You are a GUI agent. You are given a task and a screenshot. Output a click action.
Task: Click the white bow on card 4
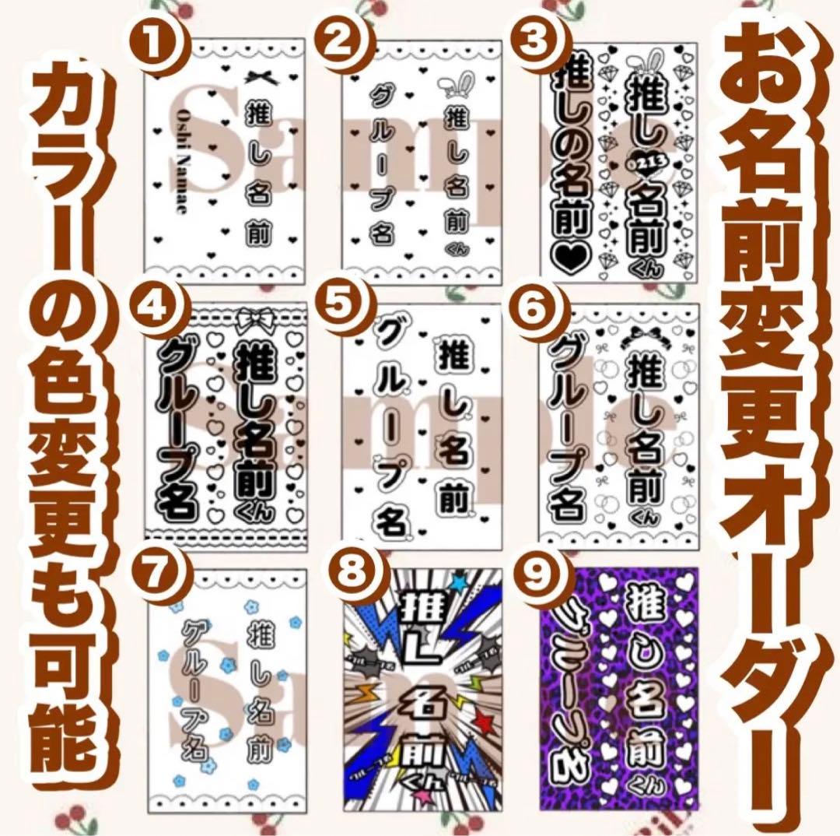click(x=256, y=318)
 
